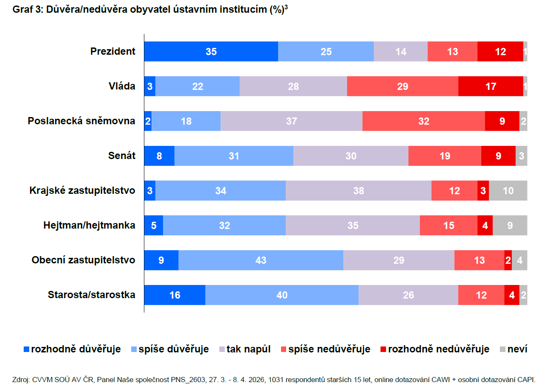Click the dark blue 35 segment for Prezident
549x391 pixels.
[211, 51]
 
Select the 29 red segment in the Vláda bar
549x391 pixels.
[403, 86]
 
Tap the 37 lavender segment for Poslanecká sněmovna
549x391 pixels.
[291, 121]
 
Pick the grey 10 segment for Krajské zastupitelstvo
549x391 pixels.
[508, 190]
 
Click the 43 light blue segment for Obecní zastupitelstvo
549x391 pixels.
[261, 260]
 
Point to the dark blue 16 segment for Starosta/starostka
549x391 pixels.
[174, 295]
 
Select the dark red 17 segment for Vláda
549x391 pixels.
[491, 86]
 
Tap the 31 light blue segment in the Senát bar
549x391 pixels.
[234, 156]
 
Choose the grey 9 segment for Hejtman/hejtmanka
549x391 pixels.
[510, 225]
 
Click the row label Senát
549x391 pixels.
[122, 156]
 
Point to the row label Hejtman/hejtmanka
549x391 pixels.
[89, 225]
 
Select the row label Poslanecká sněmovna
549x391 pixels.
[82, 121]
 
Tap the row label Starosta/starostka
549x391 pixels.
[91, 295]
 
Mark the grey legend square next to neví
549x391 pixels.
[502, 349]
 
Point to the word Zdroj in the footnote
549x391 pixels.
[21, 380]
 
